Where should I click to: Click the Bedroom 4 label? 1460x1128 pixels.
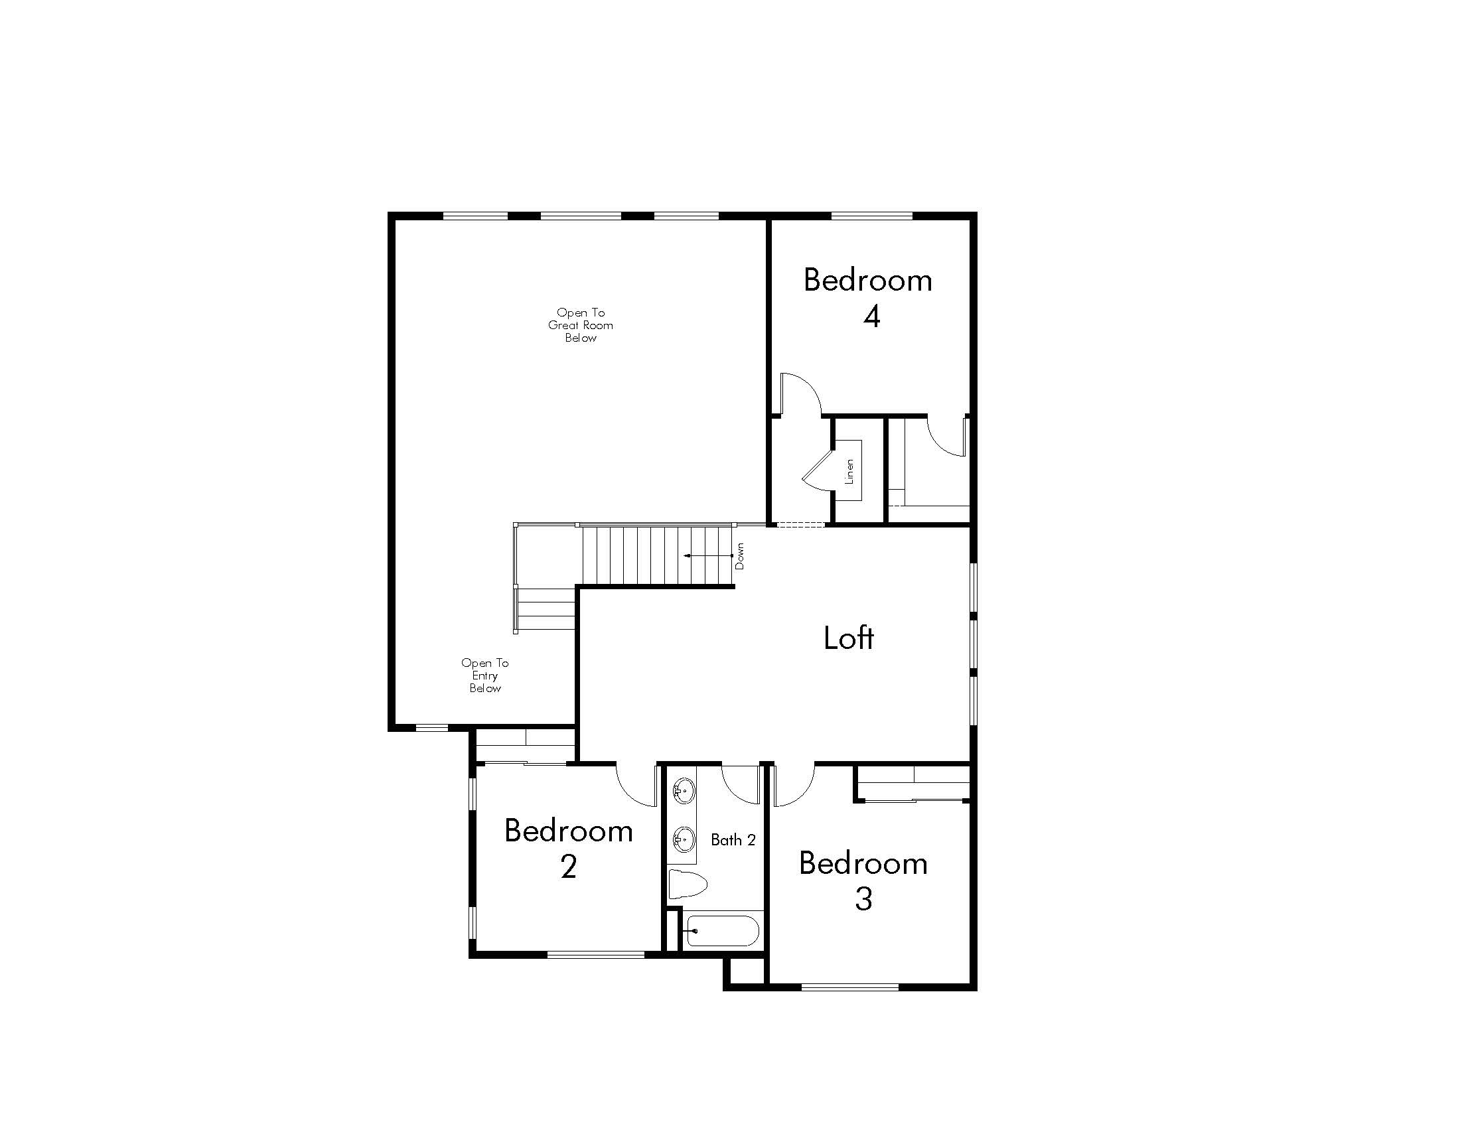[x=868, y=297]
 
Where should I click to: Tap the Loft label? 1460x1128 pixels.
[x=848, y=638]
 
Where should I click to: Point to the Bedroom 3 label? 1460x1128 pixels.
[x=863, y=881]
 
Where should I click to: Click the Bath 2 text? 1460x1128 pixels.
[x=733, y=840]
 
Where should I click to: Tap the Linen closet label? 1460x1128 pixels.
[x=849, y=471]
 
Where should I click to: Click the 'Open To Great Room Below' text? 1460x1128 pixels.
[x=580, y=325]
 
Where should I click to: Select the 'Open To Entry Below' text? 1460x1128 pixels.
[x=484, y=675]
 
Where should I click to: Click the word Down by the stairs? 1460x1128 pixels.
[x=739, y=556]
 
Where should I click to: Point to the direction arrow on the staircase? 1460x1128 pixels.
[x=707, y=555]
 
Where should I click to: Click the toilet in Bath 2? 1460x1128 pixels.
[x=688, y=884]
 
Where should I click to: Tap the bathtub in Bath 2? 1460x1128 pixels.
[x=721, y=930]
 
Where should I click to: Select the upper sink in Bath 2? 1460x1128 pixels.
[x=684, y=791]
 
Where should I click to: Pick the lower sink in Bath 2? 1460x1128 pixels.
[x=684, y=838]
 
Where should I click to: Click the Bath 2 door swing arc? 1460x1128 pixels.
[x=740, y=785]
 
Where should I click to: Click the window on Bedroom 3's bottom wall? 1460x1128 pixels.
[x=850, y=986]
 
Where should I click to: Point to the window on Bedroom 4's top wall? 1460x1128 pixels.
[x=872, y=216]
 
